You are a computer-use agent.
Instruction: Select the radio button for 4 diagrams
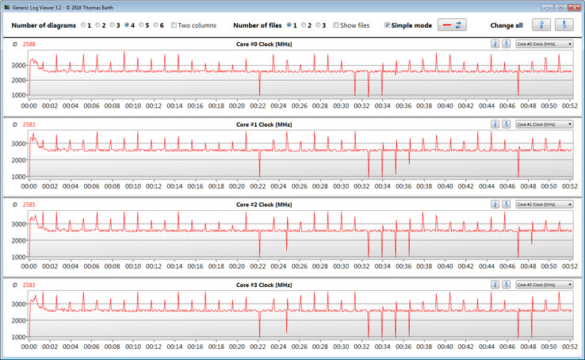(x=127, y=25)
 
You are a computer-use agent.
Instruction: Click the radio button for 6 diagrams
(x=155, y=25)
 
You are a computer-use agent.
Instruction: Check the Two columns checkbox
(x=174, y=25)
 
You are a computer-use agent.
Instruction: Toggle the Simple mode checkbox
(x=387, y=25)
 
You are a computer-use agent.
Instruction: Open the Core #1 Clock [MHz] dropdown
(x=544, y=124)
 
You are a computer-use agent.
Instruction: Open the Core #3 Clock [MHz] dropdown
(x=544, y=285)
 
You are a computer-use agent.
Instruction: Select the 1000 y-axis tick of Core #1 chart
(x=18, y=176)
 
